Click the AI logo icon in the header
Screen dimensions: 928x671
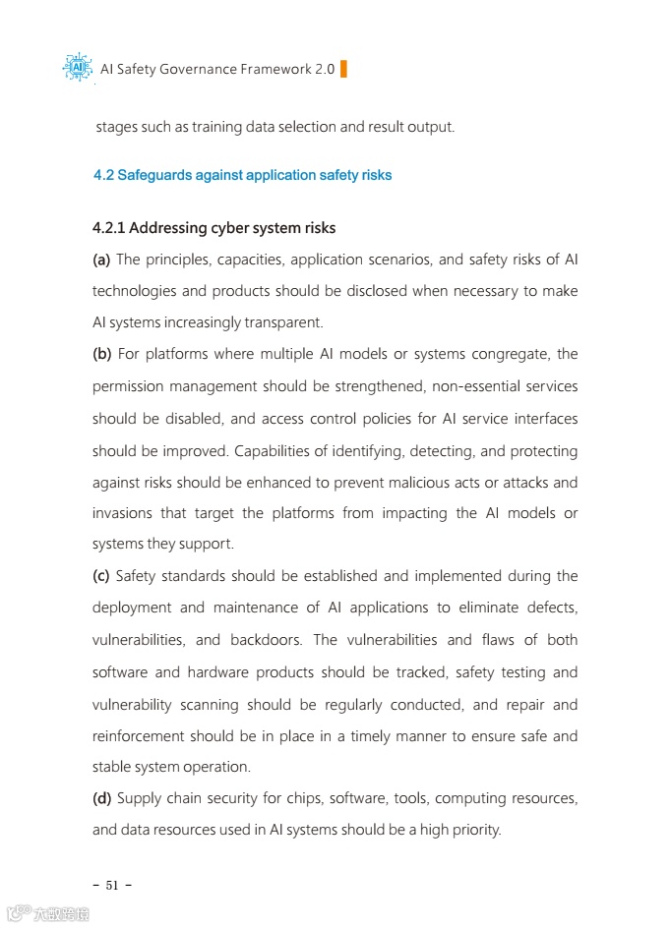pos(78,68)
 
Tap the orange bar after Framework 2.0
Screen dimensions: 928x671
pos(343,69)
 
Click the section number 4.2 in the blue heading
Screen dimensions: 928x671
pos(103,176)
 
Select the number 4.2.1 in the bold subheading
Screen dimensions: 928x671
pos(108,229)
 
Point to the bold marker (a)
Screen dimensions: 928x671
pos(101,260)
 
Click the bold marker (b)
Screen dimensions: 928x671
pos(102,354)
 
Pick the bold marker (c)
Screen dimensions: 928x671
pos(101,576)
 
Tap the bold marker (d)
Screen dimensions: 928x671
pos(102,798)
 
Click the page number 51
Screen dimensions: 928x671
pos(112,886)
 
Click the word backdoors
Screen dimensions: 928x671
pos(266,640)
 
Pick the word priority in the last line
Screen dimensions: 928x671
pos(474,830)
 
